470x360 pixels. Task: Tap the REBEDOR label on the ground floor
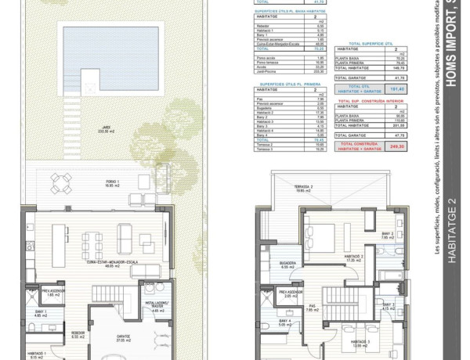click(78, 332)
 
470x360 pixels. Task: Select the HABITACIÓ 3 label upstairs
click(360, 343)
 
